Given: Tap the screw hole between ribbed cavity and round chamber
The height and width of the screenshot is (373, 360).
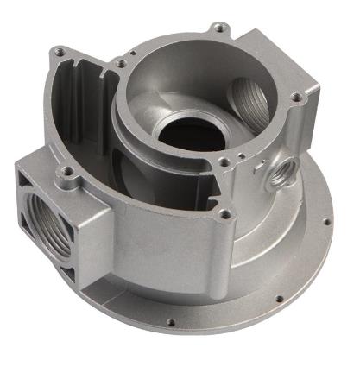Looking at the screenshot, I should click(121, 63).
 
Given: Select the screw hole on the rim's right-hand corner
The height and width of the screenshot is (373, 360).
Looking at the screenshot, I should click(298, 97).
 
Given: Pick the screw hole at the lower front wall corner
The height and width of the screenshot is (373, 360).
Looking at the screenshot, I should click(225, 213).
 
